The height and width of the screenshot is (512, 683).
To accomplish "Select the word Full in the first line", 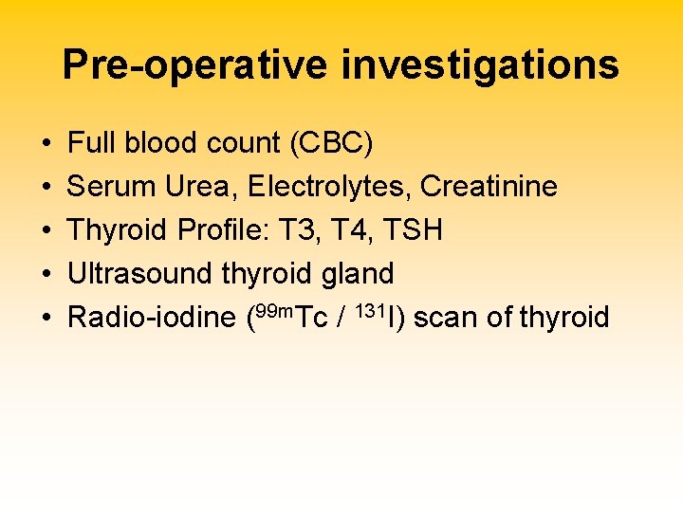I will (90, 143).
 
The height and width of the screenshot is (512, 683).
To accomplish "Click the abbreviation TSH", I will (415, 230).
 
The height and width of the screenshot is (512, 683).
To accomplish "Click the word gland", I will (358, 274).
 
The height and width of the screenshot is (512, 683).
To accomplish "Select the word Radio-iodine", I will (151, 318).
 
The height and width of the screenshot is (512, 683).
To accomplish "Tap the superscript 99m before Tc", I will (273, 309).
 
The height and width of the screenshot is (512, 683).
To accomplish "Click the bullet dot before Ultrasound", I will (46, 275).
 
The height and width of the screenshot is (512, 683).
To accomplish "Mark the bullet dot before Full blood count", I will (46, 144).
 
